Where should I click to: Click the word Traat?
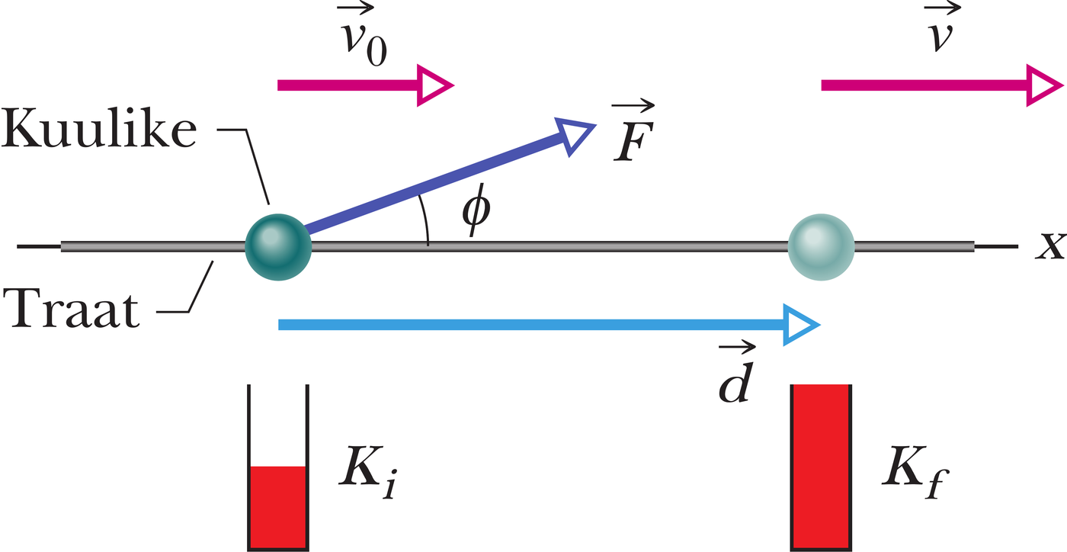72,309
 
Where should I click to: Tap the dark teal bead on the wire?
278,247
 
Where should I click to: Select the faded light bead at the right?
821,247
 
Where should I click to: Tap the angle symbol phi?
476,210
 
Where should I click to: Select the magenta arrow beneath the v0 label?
365,85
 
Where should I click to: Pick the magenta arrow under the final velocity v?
942,85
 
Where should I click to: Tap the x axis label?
1050,246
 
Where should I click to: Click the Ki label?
367,472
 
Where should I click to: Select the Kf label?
915,472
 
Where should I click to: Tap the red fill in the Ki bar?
278,507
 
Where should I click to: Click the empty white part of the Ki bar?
278,425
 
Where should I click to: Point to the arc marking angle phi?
426,220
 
